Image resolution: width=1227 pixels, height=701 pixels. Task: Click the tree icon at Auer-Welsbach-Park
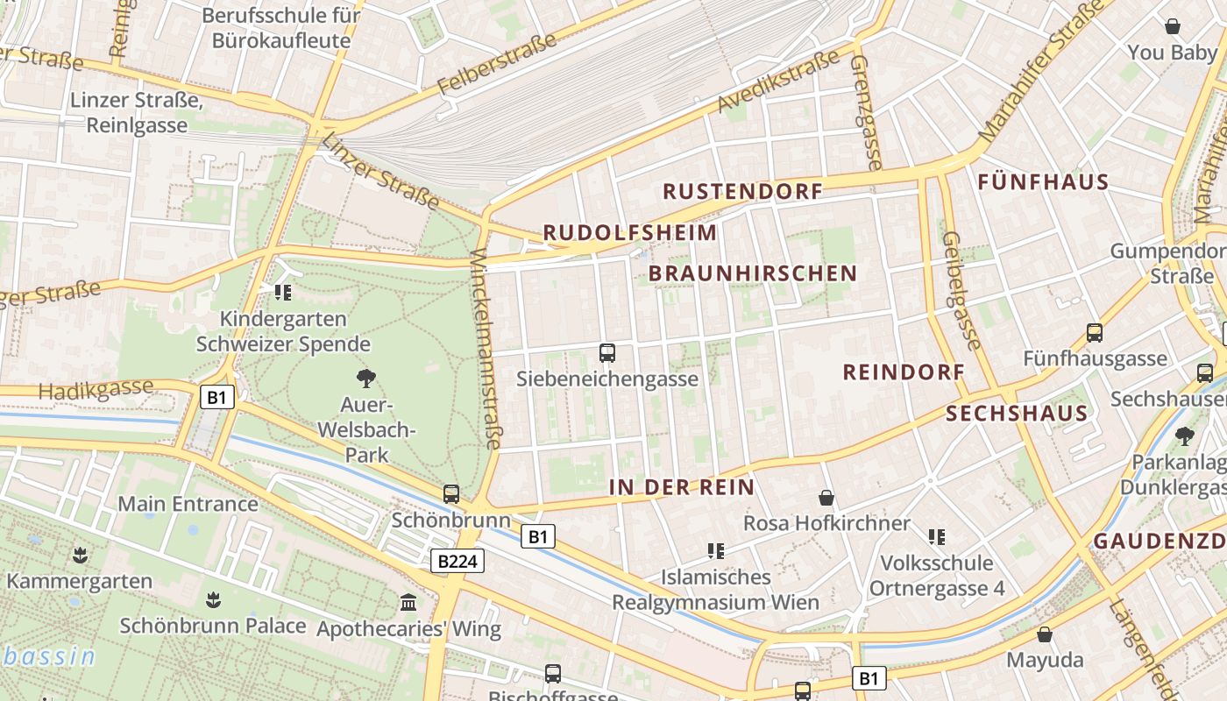[x=366, y=379]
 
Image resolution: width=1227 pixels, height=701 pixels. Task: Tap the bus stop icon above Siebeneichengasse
[x=606, y=353]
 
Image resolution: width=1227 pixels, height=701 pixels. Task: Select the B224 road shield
[x=457, y=561]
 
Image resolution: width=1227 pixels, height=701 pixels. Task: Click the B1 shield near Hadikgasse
[x=217, y=398]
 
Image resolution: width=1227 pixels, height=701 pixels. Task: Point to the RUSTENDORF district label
[x=742, y=191]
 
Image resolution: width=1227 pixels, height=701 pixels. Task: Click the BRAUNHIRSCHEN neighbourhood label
[x=753, y=273]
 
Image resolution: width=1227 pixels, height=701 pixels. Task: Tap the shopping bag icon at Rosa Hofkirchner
[x=826, y=499]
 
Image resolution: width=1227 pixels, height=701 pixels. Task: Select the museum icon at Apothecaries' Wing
[x=408, y=603]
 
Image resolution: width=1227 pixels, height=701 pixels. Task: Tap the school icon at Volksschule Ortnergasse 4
[x=937, y=536]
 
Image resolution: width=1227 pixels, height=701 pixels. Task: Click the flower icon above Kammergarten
[x=80, y=555]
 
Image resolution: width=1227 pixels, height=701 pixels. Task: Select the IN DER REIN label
[x=681, y=487]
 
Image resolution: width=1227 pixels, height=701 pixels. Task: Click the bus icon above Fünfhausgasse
[x=1094, y=333]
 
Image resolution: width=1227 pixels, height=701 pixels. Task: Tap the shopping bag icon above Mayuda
[x=1044, y=634]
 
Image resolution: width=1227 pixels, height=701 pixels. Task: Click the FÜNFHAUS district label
[x=1043, y=183]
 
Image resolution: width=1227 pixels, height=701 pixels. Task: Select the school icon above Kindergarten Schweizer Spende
[x=282, y=293]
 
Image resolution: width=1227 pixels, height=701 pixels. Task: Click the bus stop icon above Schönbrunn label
[x=450, y=494]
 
